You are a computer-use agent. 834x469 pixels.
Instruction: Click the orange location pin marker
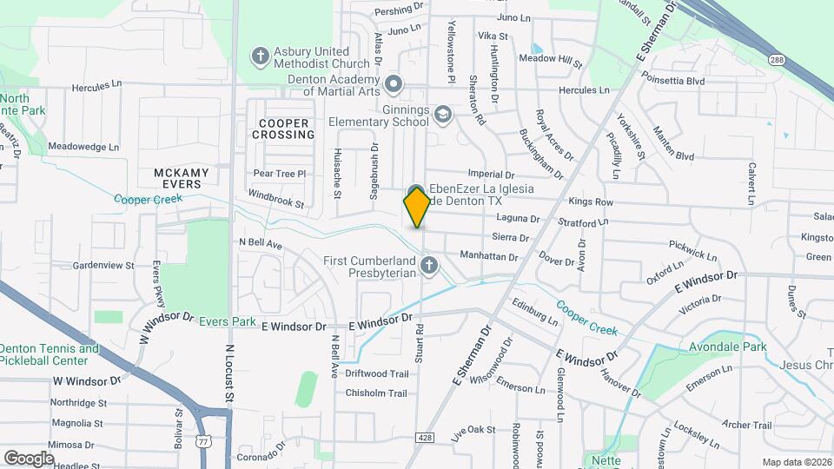point(417,208)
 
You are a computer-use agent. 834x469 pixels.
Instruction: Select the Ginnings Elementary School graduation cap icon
point(443,115)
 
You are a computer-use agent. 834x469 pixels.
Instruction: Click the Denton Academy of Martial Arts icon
point(394,84)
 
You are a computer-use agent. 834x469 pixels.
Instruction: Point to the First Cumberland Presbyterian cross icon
point(427,264)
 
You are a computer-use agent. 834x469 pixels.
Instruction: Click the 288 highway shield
point(777,59)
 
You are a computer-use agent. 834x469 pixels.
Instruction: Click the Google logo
point(29,458)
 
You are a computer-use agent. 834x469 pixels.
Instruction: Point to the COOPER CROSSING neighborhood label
point(283,129)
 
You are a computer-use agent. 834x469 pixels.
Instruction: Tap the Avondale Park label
point(715,347)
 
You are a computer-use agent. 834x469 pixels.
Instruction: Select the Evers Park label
point(228,321)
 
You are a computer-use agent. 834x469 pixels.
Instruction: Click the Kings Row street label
point(591,202)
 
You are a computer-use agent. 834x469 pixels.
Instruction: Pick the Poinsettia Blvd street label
point(672,81)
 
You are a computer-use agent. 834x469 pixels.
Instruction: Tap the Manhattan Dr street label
point(488,258)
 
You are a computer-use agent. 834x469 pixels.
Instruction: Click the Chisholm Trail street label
point(376,393)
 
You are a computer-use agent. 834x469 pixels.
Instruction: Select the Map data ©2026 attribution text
point(796,461)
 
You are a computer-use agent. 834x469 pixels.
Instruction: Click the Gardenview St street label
point(104,265)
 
